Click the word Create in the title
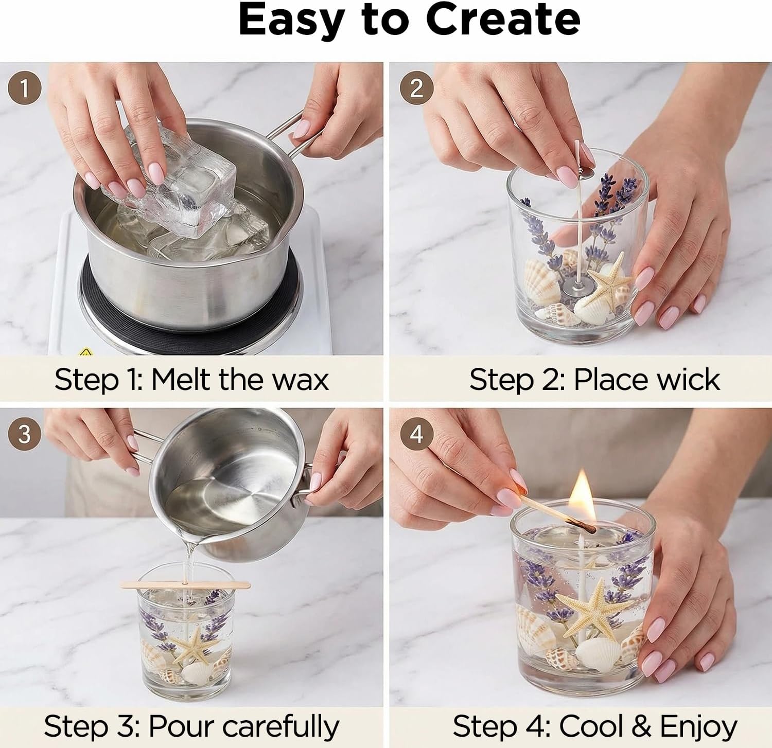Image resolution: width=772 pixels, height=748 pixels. point(503,20)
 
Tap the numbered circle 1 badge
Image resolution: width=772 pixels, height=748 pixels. point(24,88)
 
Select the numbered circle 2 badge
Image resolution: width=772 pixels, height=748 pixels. point(416,88)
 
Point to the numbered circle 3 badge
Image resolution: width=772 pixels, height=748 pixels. point(24,434)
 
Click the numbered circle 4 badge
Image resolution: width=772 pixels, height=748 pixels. point(416,434)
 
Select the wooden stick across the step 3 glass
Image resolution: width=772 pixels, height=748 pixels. point(185,584)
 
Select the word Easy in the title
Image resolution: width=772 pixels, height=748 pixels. point(291,20)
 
